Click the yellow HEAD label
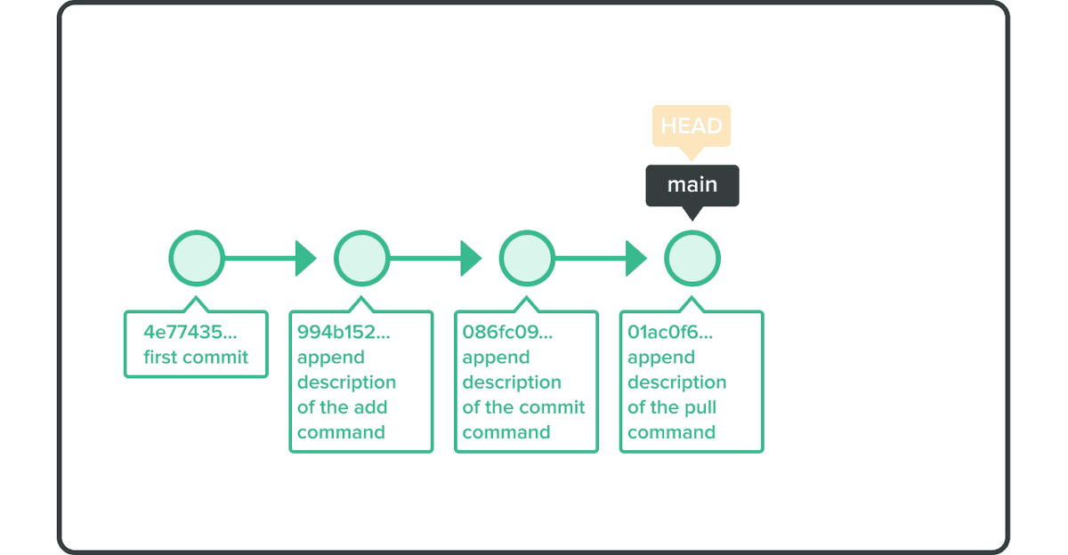click(x=692, y=125)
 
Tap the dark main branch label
click(x=692, y=185)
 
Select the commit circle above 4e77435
click(x=197, y=259)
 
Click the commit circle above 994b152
click(x=361, y=259)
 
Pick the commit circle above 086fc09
click(x=527, y=259)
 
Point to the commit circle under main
click(x=692, y=259)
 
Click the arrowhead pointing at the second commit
click(x=305, y=259)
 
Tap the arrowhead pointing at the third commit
click(x=471, y=259)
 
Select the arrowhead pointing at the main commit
click(x=635, y=259)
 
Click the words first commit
click(x=196, y=358)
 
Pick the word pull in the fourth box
click(x=700, y=407)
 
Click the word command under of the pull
click(x=671, y=432)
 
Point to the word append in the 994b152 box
click(x=330, y=358)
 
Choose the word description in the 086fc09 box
click(x=512, y=382)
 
